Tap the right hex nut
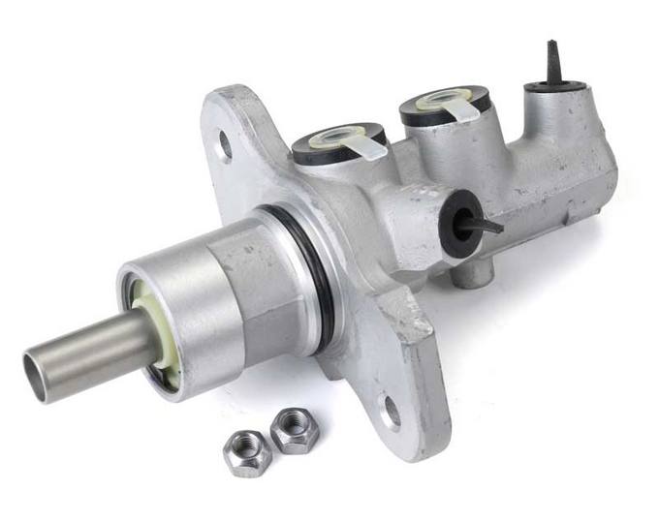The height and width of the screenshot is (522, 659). [293, 431]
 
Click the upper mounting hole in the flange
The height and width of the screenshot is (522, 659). [225, 144]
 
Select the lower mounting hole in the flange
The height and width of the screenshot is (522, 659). [392, 414]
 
